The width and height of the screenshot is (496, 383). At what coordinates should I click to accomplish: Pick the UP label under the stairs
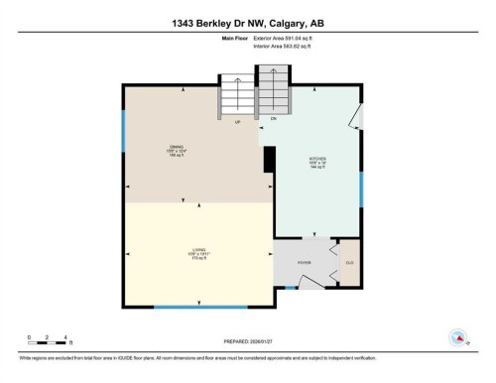[x=238, y=123]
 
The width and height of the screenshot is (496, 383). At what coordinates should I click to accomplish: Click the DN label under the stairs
[x=273, y=119]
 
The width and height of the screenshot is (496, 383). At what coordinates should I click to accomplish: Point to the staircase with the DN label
[x=273, y=91]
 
